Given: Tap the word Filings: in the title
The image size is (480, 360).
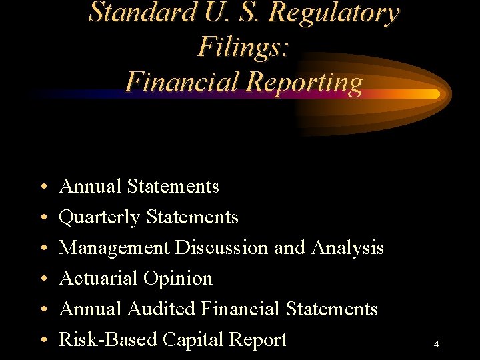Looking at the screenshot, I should point(243,47).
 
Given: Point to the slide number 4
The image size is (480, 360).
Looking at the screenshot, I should point(436,345).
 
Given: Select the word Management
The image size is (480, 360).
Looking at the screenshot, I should point(114,248).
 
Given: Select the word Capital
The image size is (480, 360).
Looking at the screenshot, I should point(193,340).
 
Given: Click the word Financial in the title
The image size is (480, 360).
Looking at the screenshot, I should point(181,81).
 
